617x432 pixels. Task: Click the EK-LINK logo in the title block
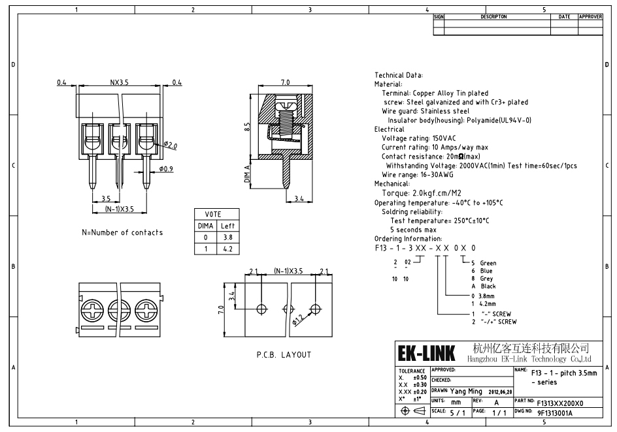(x=427, y=354)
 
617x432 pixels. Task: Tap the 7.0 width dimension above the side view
(x=285, y=84)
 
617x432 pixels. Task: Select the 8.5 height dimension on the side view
(x=247, y=127)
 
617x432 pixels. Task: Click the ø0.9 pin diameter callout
(x=167, y=170)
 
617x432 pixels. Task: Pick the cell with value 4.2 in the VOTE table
(x=227, y=249)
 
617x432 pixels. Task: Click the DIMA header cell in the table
(x=205, y=225)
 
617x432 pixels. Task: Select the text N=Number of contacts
(x=122, y=232)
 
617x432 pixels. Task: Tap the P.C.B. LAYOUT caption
(x=284, y=355)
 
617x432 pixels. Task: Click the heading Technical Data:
(x=399, y=76)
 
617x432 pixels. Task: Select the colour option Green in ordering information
(x=488, y=263)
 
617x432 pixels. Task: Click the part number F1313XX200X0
(x=559, y=403)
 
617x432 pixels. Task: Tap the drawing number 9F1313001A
(x=554, y=413)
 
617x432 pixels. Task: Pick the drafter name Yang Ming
(x=466, y=392)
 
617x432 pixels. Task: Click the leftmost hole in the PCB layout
(x=261, y=309)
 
